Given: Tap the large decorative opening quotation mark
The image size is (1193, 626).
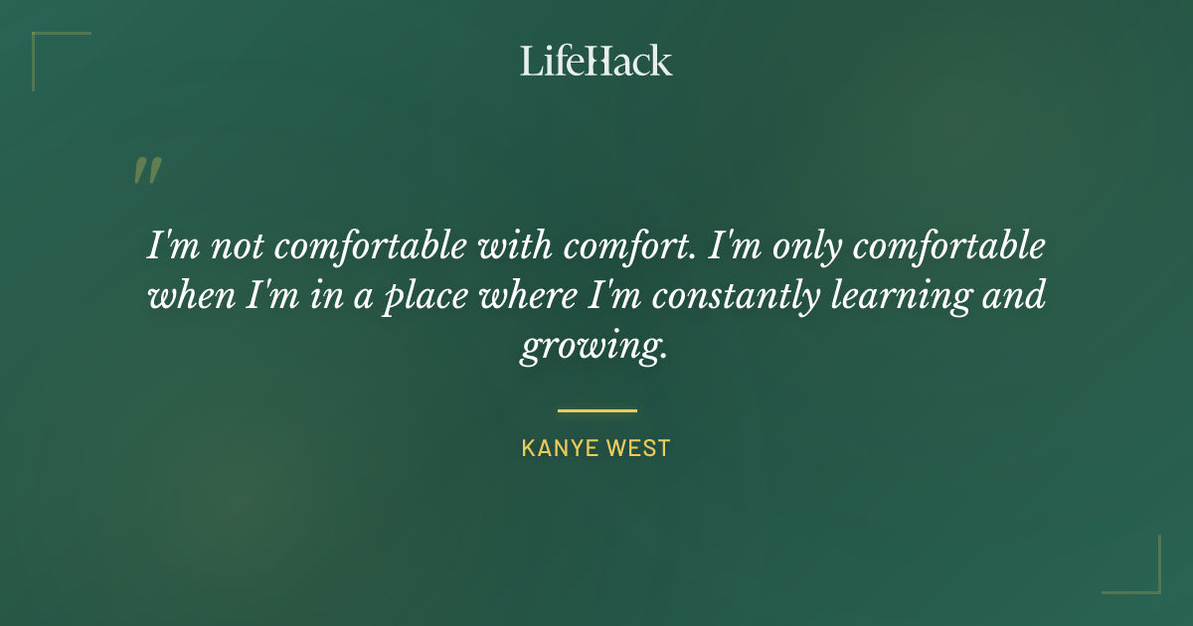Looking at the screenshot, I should [146, 171].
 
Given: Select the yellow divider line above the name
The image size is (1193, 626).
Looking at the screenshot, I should [596, 409].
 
